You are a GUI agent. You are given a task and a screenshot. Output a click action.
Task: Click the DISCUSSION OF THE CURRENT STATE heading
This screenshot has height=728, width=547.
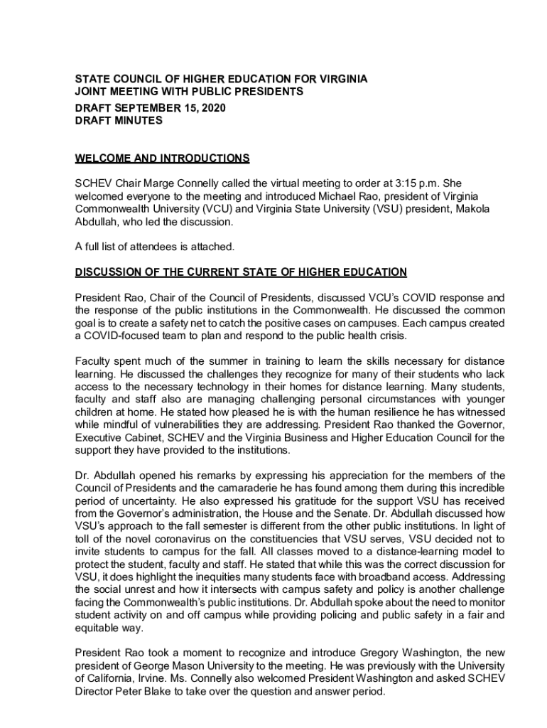pyautogui.click(x=241, y=272)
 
